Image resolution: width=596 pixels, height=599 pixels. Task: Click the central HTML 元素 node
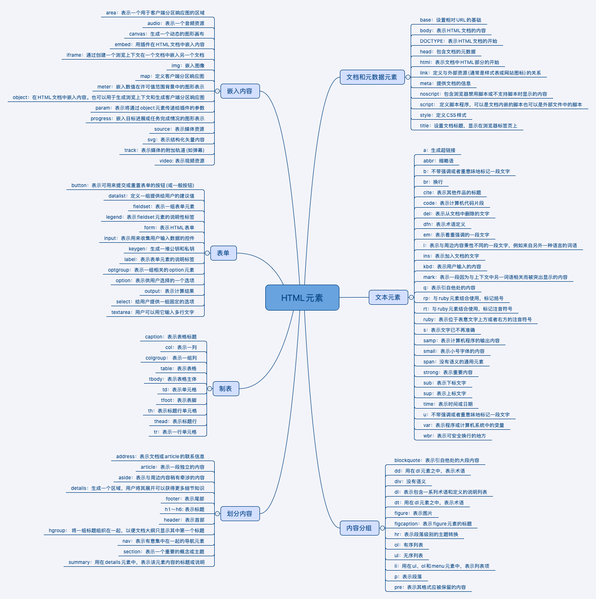302,298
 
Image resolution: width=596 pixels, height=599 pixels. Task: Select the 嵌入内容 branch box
240,91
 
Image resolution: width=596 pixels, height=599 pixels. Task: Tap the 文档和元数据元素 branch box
372,77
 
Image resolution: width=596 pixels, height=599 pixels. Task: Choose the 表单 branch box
223,253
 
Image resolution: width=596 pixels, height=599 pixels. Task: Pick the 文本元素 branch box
388,297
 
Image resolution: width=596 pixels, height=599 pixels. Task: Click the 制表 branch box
225,388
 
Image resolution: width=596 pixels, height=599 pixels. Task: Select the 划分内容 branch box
240,513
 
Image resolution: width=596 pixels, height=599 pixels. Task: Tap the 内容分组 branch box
359,528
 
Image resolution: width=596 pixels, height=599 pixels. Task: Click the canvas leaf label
167,34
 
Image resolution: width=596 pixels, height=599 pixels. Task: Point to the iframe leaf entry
135,55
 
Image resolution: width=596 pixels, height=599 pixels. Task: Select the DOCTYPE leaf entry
458,41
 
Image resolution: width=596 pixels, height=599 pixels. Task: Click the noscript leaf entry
483,94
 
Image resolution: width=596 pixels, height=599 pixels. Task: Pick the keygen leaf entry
161,249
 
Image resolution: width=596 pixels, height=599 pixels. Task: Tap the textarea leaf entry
153,312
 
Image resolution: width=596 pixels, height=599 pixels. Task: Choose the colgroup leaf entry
171,358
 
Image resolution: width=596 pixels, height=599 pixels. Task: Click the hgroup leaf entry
126,531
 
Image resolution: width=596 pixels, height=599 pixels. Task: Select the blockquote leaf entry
437,461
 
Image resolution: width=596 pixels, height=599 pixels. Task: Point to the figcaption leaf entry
433,524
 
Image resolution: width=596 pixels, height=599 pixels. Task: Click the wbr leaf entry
454,436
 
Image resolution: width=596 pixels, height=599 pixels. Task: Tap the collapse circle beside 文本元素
411,297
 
